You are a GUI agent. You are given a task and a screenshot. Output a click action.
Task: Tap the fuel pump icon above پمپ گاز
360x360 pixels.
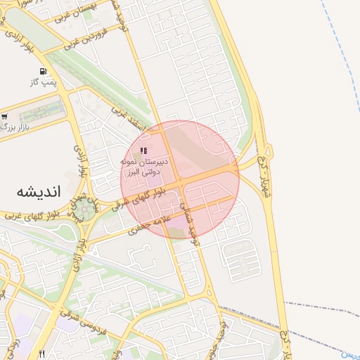(44, 71)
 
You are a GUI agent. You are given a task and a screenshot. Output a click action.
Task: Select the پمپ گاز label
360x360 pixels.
(42, 82)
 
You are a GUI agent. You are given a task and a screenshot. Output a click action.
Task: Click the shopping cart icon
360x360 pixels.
(5, 117)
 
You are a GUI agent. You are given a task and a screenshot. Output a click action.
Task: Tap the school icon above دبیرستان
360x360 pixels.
(143, 150)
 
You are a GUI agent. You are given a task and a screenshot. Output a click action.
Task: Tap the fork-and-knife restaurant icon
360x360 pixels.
(42, 353)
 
